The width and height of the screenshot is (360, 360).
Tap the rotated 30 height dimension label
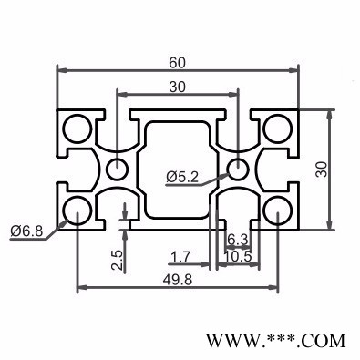[321, 169]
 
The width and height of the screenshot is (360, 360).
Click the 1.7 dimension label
[180, 258]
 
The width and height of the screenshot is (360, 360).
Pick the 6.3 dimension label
[238, 241]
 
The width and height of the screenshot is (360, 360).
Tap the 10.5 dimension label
[240, 258]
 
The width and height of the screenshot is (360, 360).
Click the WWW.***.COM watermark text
[276, 341]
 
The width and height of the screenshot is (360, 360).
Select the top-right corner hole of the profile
[277, 128]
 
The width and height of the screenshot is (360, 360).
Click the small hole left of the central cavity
[117, 169]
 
